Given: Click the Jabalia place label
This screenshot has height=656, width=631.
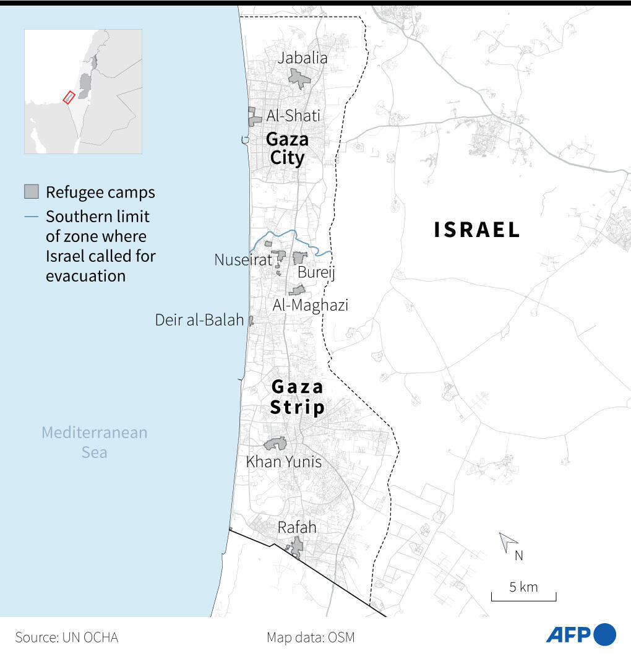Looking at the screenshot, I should click(303, 58).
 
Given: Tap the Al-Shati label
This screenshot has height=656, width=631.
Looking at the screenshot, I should click(293, 116).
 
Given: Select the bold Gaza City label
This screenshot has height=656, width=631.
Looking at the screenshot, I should click(287, 149).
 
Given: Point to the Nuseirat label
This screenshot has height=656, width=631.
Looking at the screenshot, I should click(243, 260).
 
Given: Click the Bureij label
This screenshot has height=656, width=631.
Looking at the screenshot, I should click(316, 273).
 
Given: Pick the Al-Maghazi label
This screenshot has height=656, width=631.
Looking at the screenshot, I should click(311, 305).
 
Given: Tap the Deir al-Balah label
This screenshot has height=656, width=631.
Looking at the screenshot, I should click(199, 321).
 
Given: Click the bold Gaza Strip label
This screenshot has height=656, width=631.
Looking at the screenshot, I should click(298, 397).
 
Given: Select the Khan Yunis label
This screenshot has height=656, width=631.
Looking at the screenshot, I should click(284, 462).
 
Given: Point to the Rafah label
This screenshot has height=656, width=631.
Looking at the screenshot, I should click(297, 527).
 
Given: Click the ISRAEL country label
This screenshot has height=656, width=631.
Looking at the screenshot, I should click(477, 230).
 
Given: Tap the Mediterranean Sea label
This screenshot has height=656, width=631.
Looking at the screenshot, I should click(95, 442).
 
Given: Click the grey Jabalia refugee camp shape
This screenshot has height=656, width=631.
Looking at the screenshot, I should click(299, 79).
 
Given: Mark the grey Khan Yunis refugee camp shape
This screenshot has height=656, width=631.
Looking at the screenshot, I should click(275, 444).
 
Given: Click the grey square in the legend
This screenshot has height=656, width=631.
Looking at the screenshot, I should click(32, 192).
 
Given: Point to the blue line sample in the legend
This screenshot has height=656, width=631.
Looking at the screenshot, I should click(32, 217).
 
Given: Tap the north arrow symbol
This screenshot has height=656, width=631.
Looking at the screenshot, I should click(509, 543).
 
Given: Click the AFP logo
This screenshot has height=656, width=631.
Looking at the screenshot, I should click(581, 635).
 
